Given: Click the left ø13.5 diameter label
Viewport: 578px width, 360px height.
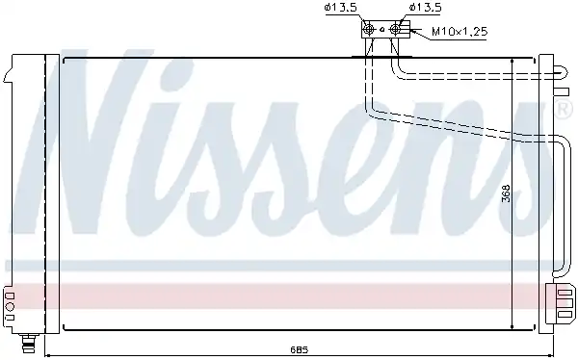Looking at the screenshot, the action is pos(341,8).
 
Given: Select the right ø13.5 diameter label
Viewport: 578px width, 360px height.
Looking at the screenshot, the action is pos(425,8).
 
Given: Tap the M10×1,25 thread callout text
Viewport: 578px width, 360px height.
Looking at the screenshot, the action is pos(460,32).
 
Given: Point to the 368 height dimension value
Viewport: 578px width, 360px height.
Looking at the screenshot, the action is pos(507,193).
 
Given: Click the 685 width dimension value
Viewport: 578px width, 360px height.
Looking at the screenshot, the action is pos(299,349).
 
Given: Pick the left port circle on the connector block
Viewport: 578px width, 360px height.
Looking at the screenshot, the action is pos(369,29).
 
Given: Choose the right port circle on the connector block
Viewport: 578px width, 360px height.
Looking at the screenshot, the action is pos(395,29).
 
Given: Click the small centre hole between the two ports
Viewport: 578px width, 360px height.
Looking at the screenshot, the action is pos(382,29).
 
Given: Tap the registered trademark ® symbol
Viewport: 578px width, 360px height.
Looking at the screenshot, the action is pos(565,111).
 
